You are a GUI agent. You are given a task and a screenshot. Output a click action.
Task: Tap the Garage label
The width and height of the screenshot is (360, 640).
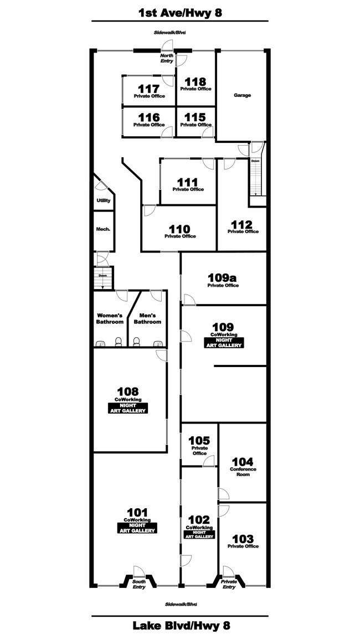tap(243, 96)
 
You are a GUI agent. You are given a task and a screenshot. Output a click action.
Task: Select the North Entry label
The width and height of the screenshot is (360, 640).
tap(167, 58)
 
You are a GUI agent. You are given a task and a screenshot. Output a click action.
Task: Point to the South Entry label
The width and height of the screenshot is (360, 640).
tap(139, 584)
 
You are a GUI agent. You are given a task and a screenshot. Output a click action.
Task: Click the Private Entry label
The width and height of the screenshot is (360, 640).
tap(229, 584)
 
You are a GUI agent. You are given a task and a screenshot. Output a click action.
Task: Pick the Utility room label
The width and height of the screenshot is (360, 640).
tap(103, 201)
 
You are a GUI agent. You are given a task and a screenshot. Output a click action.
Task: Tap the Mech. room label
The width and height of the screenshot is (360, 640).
tap(103, 229)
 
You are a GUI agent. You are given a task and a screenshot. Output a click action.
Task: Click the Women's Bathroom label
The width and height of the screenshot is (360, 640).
tap(110, 318)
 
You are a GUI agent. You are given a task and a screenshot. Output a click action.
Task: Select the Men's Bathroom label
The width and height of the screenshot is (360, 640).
tap(148, 318)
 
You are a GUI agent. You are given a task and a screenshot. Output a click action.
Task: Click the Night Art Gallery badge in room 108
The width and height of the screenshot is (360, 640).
tap(128, 408)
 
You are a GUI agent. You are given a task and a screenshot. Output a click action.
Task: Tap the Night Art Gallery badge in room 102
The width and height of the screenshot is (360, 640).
tap(199, 534)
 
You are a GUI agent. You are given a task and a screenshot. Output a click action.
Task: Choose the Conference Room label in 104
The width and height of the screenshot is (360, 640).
tap(243, 472)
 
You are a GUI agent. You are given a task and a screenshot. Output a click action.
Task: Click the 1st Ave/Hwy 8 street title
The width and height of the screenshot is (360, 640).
tap(180, 13)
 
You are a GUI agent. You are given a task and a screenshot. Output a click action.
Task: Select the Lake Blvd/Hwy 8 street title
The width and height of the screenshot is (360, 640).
tap(181, 625)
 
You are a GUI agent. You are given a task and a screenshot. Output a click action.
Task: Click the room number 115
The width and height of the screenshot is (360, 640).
tap(196, 117)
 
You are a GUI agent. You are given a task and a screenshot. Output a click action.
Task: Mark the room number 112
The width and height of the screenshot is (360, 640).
tap(241, 224)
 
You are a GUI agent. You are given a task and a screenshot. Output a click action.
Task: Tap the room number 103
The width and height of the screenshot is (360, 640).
tap(243, 539)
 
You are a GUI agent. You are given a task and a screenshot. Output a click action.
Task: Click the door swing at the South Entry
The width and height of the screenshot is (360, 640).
tap(139, 571)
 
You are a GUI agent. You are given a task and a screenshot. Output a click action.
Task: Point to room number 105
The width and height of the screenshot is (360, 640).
tap(199, 441)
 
